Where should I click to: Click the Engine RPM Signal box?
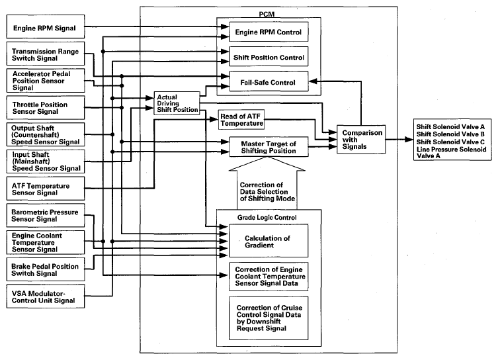46,26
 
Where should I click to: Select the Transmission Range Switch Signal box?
46,54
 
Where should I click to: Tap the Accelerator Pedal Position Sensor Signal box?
46,81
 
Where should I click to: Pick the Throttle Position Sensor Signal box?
46,108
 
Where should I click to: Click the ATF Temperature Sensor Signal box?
46,189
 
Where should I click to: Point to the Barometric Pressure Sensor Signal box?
46,216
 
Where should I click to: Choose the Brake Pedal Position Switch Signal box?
46,269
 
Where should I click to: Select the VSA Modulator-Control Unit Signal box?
46,296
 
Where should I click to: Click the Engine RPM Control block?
269,32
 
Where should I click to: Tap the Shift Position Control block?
269,57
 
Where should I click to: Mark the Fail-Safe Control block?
269,81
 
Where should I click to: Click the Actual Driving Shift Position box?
177,103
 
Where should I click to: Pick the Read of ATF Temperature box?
241,120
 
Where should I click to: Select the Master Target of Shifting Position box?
269,147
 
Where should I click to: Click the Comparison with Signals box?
361,140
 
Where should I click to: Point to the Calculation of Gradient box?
269,241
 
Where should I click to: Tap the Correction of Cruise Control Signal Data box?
269,318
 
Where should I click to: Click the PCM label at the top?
267,14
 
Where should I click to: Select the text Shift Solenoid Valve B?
450,134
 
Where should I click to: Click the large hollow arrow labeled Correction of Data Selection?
267,183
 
